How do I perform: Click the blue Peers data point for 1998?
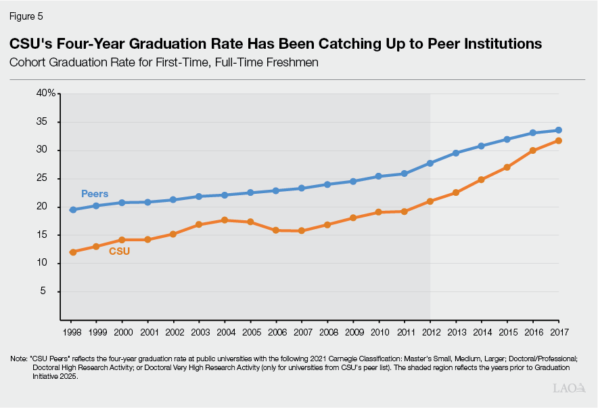tap(72, 210)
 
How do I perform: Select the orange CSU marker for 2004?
tap(224, 220)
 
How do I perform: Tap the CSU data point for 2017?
tap(559, 141)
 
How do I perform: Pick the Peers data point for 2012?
tap(430, 163)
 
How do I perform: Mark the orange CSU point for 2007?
tap(301, 231)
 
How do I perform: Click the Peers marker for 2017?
tap(559, 130)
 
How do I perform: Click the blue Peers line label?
tap(95, 194)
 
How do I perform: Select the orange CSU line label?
tap(119, 251)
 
